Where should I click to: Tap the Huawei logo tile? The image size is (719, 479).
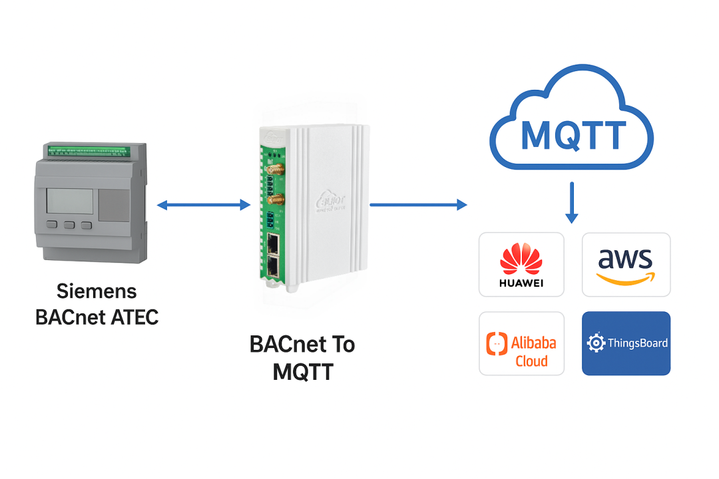(521, 264)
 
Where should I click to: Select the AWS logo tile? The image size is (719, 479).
(626, 264)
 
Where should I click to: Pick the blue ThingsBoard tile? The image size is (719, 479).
(626, 343)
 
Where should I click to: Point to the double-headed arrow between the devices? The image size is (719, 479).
(204, 206)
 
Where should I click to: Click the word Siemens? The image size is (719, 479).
(97, 291)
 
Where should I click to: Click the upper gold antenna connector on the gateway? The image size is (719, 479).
(274, 171)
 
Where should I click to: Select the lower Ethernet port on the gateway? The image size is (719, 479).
(273, 267)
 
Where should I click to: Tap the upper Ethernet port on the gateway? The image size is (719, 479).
(273, 243)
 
